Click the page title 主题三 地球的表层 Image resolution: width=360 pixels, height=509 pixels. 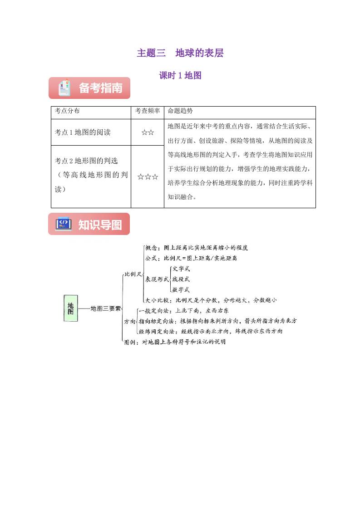[180, 53]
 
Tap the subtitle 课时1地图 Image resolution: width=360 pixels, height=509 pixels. [180, 76]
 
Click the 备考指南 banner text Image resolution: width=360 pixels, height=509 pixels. [101, 88]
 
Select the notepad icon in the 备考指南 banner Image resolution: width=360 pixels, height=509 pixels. [64, 88]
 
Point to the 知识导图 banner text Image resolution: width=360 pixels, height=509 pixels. [100, 225]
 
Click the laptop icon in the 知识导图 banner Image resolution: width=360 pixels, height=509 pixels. [63, 224]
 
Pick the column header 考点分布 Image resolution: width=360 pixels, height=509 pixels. [67, 111]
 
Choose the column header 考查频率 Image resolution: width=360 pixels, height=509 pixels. [148, 111]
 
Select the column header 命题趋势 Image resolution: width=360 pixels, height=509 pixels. [180, 111]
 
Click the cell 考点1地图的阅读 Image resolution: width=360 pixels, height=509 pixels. [83, 132]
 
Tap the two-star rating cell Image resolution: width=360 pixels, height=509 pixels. [148, 132]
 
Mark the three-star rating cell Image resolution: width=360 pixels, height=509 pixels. [148, 176]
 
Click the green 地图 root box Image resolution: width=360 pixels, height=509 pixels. [70, 308]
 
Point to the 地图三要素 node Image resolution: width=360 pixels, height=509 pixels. [105, 308]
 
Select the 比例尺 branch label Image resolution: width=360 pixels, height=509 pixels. [133, 274]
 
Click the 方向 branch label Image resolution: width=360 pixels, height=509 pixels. [129, 321]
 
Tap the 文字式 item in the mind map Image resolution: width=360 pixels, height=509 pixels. [181, 269]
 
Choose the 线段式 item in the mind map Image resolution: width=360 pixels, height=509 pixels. [181, 279]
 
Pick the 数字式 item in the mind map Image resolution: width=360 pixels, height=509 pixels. [181, 289]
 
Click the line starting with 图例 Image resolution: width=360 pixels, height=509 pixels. [175, 342]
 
